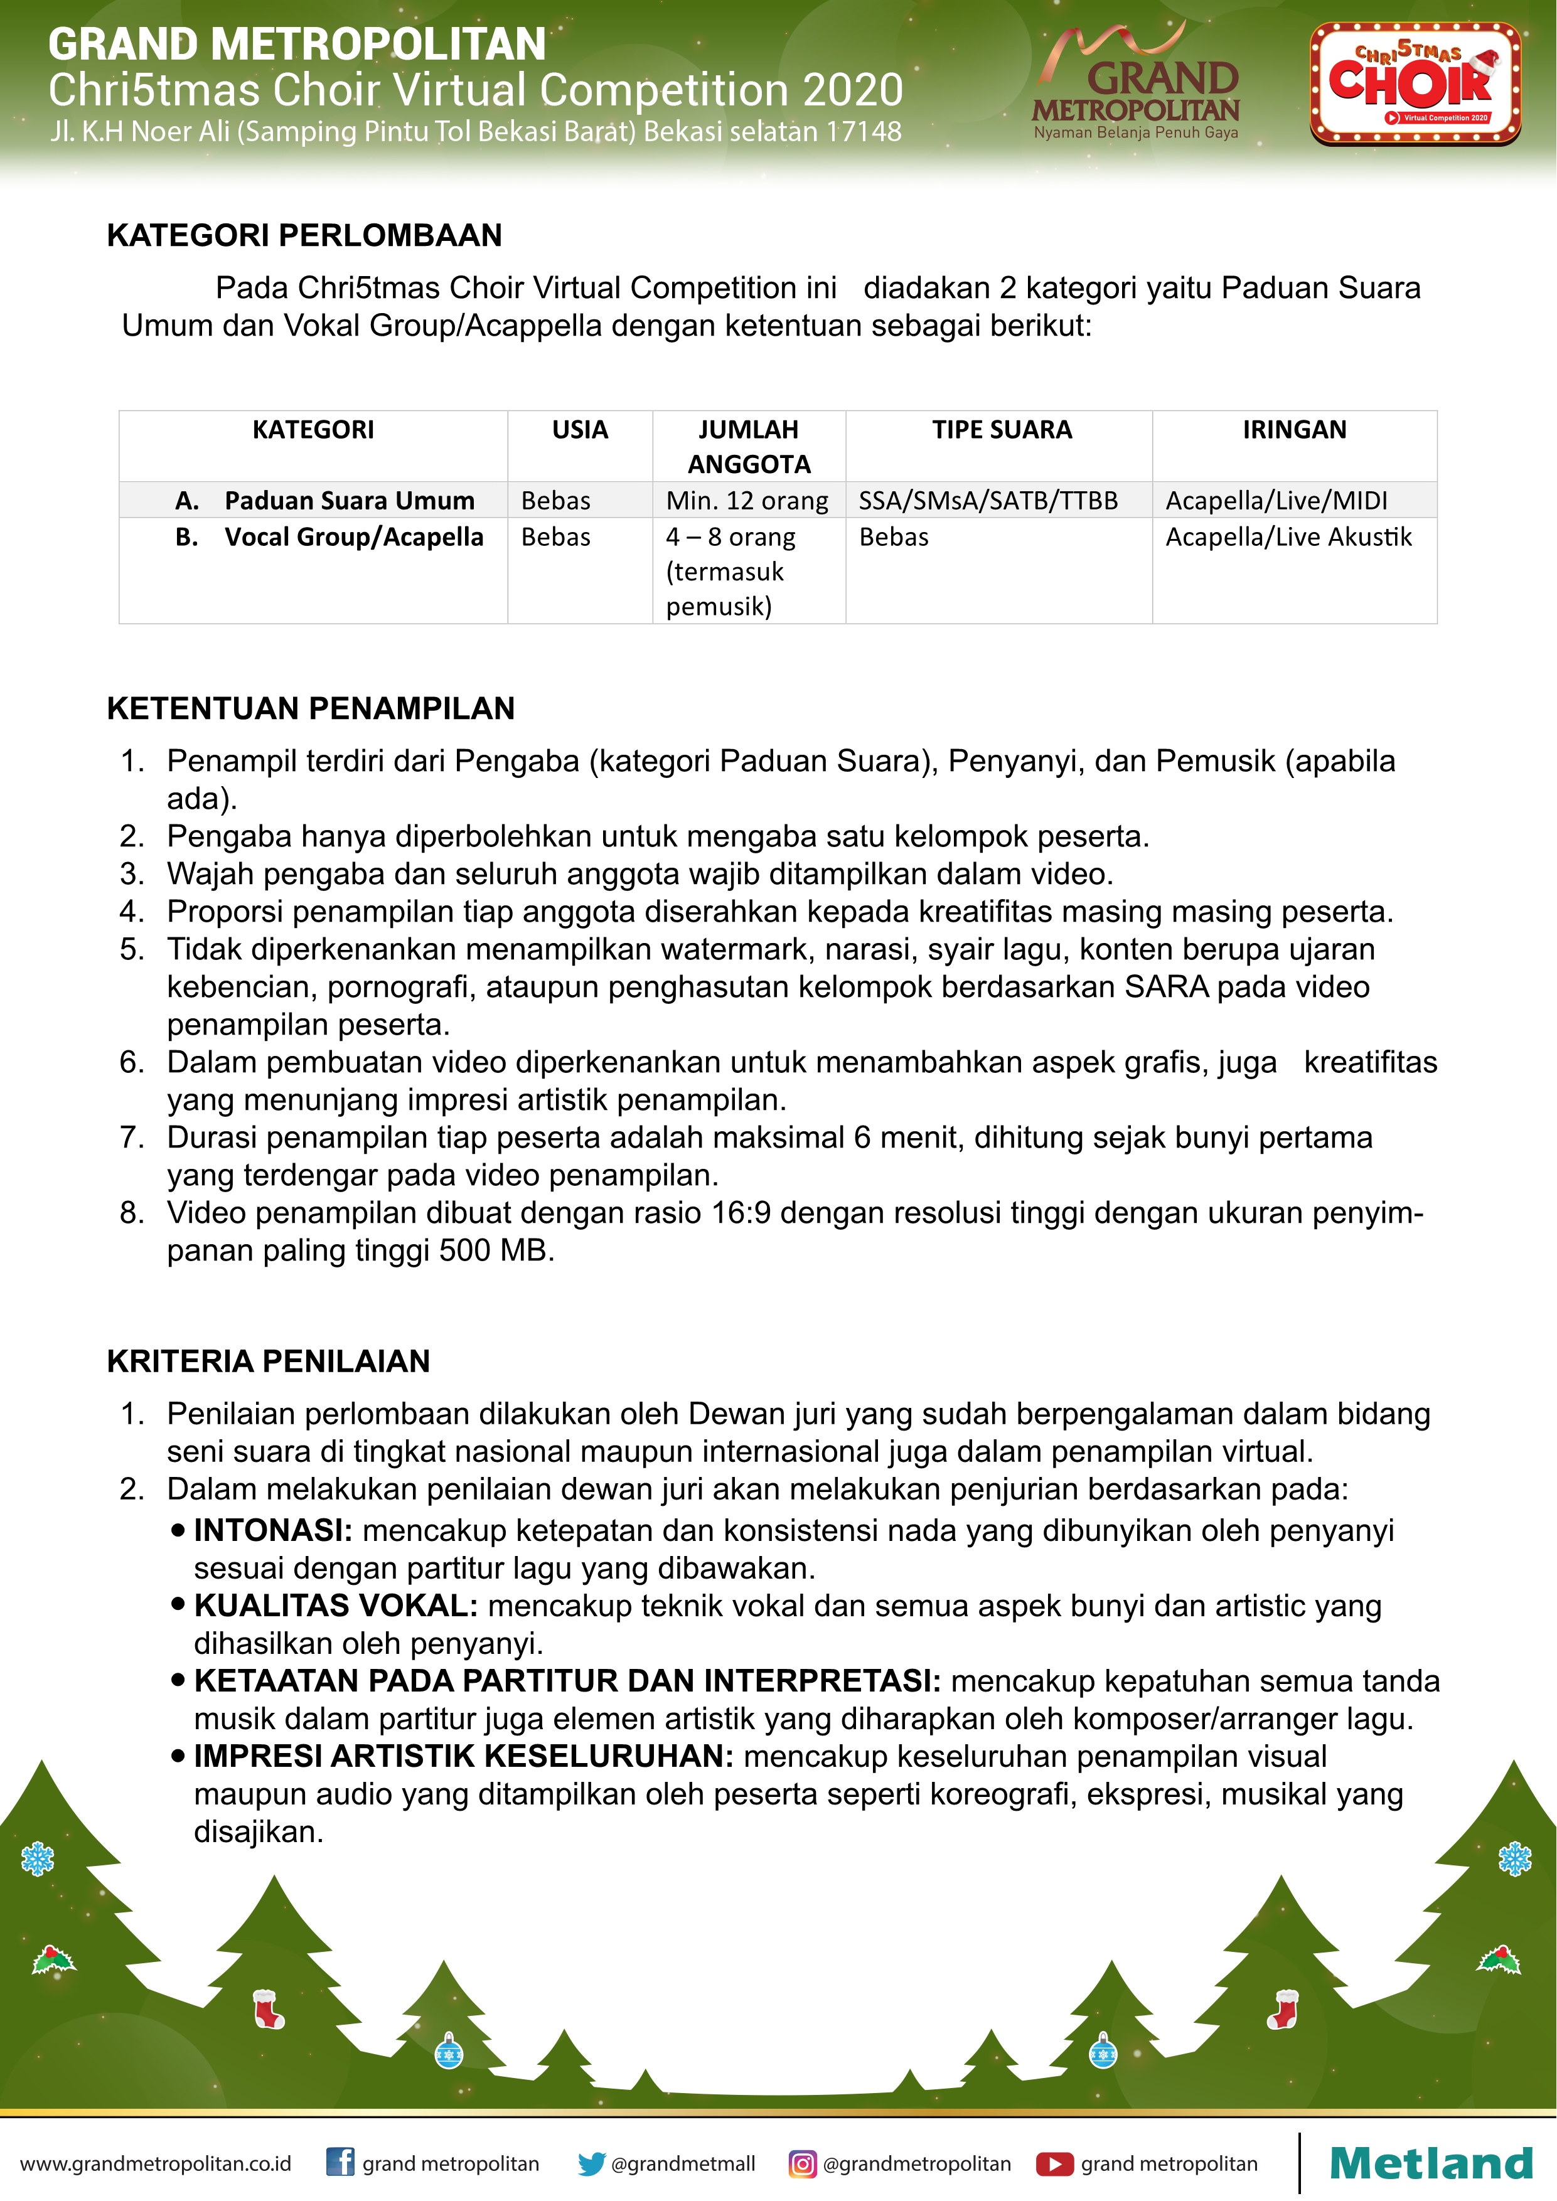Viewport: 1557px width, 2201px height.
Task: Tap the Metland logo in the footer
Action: coord(1430,2163)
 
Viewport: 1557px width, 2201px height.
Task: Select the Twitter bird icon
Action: coord(592,2163)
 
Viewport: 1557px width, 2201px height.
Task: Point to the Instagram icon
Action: coord(803,2163)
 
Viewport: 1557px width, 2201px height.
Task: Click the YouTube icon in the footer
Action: coord(1054,2163)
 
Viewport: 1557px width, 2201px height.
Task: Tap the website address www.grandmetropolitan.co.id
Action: coord(155,2163)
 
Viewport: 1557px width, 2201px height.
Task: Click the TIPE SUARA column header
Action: coord(1002,429)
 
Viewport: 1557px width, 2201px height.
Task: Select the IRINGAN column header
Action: coord(1294,429)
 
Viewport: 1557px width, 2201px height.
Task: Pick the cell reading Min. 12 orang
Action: coord(747,501)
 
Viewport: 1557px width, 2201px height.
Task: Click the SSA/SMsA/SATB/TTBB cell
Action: coord(988,501)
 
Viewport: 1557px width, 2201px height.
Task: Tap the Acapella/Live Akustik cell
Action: coord(1288,537)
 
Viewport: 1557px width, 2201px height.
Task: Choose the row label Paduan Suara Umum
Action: coord(349,501)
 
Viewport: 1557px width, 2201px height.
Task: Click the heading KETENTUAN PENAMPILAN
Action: coord(311,708)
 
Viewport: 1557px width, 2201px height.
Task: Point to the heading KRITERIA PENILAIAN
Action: coord(269,1362)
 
